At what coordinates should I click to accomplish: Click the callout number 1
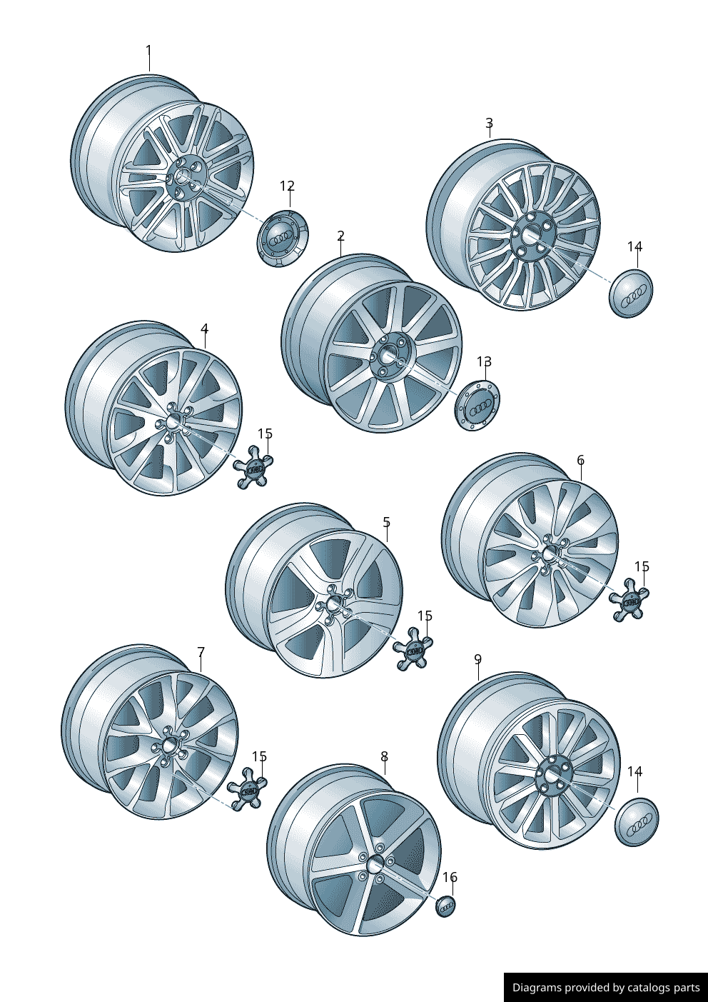pos(148,51)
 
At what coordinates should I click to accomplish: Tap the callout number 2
pos(340,236)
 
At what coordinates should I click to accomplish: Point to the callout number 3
pos(489,124)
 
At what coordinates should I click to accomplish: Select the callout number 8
pos(384,757)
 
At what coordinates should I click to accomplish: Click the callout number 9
pos(477,659)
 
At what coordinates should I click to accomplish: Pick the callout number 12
pos(287,186)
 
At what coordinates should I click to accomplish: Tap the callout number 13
pos(484,362)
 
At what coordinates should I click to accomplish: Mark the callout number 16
pos(450,878)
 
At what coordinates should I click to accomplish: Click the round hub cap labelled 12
pos(282,238)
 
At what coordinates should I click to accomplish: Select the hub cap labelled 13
pos(477,406)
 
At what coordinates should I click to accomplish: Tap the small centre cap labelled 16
pos(445,906)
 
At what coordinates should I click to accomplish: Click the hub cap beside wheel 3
pos(631,292)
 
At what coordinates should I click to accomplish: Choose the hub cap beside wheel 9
pos(636,822)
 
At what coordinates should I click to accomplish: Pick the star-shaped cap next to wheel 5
pos(413,650)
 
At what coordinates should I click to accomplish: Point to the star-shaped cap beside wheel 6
pos(629,601)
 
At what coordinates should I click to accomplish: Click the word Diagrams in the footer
pos(537,988)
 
